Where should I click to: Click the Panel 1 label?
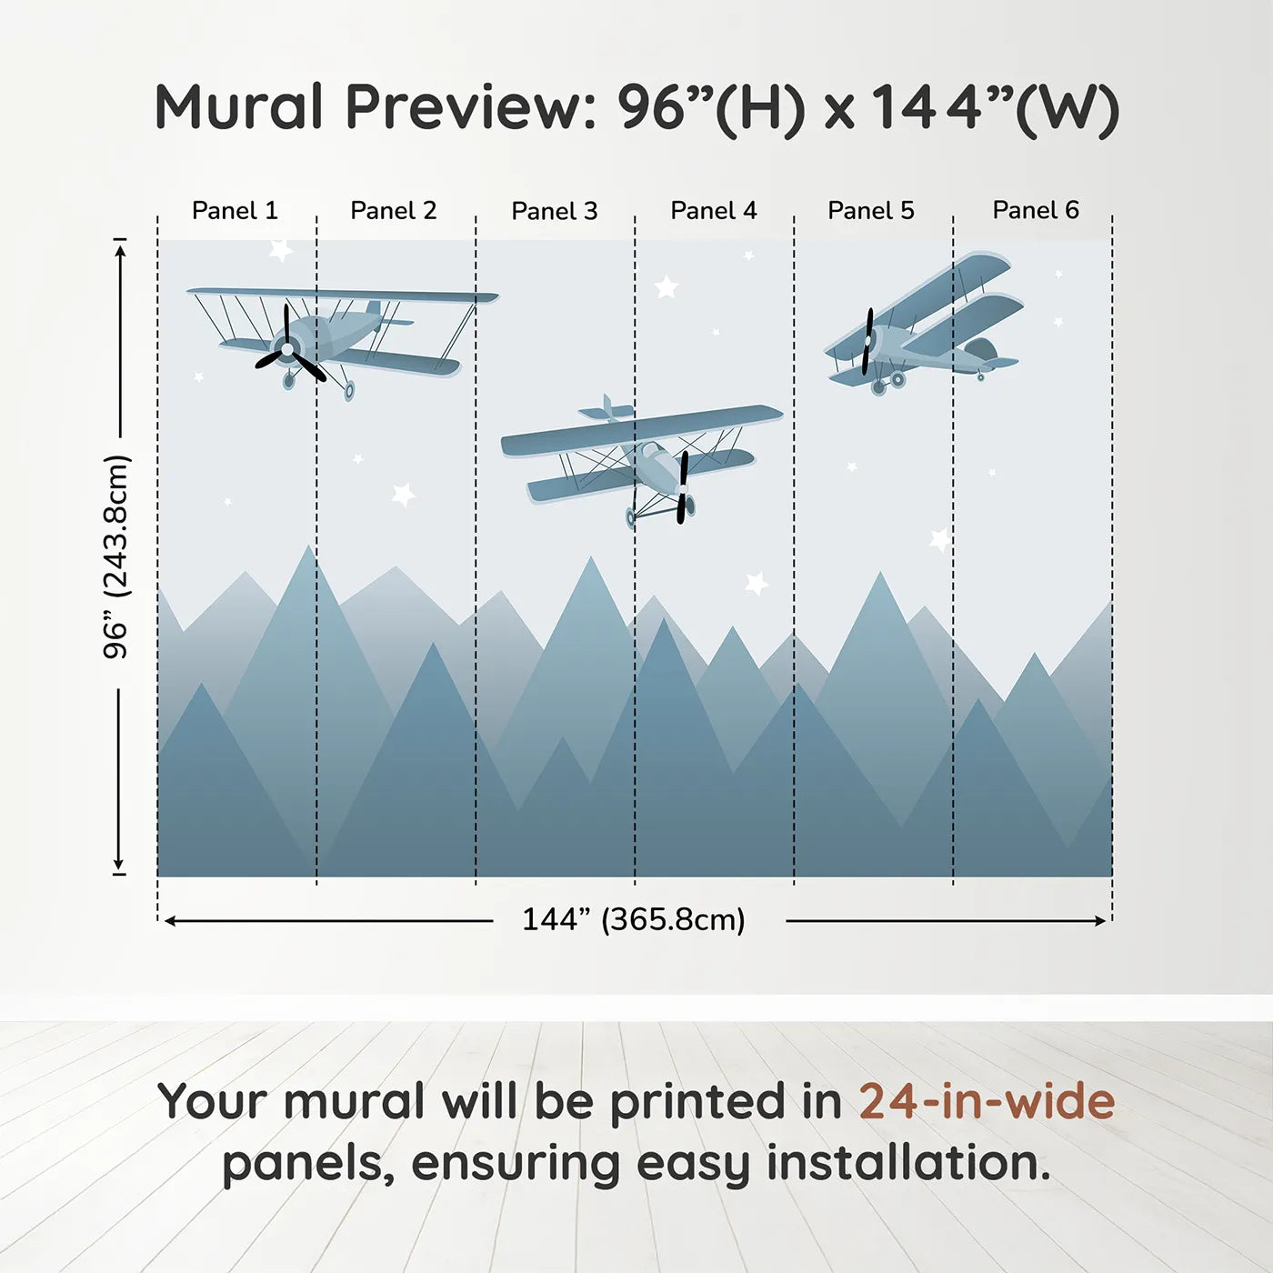235,211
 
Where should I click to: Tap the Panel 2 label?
394,211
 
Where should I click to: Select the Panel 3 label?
555,212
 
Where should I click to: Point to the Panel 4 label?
714,211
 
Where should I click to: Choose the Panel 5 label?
871,211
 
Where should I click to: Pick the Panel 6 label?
1036,210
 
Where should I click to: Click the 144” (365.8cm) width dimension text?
634,920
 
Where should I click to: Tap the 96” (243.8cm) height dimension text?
116,556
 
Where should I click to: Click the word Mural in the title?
238,107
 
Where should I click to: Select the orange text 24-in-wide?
987,1102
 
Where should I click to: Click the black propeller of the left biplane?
288,349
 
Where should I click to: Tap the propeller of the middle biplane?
683,488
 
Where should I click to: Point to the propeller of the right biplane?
867,342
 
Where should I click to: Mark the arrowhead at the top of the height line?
119,248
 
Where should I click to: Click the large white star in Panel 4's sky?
667,287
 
